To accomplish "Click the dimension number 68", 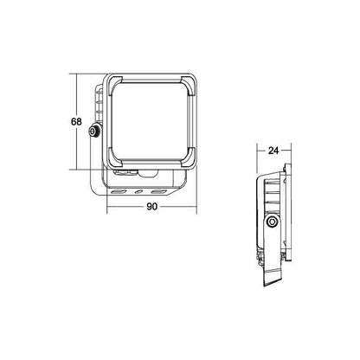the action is click(x=76, y=122).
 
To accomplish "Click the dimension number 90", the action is click(x=152, y=207).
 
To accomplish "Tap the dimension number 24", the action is click(x=273, y=151).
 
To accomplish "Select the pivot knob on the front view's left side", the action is click(x=94, y=132).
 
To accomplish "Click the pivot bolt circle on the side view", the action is click(x=272, y=222).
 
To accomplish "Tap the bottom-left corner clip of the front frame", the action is click(x=114, y=159).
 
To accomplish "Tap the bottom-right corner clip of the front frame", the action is click(x=189, y=158).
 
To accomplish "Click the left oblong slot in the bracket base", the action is click(x=119, y=191).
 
